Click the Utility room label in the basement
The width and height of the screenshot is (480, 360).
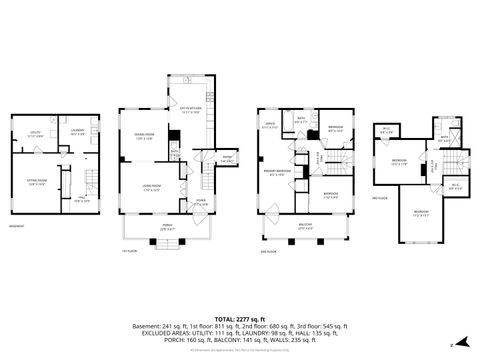35,134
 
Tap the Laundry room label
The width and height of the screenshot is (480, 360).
77,131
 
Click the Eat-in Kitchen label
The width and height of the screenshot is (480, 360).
191,111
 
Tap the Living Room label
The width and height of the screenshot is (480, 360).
152,187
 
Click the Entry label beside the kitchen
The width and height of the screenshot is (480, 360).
228,156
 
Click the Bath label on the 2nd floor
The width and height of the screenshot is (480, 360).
300,120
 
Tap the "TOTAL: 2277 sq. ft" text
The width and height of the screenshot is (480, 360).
240,313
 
